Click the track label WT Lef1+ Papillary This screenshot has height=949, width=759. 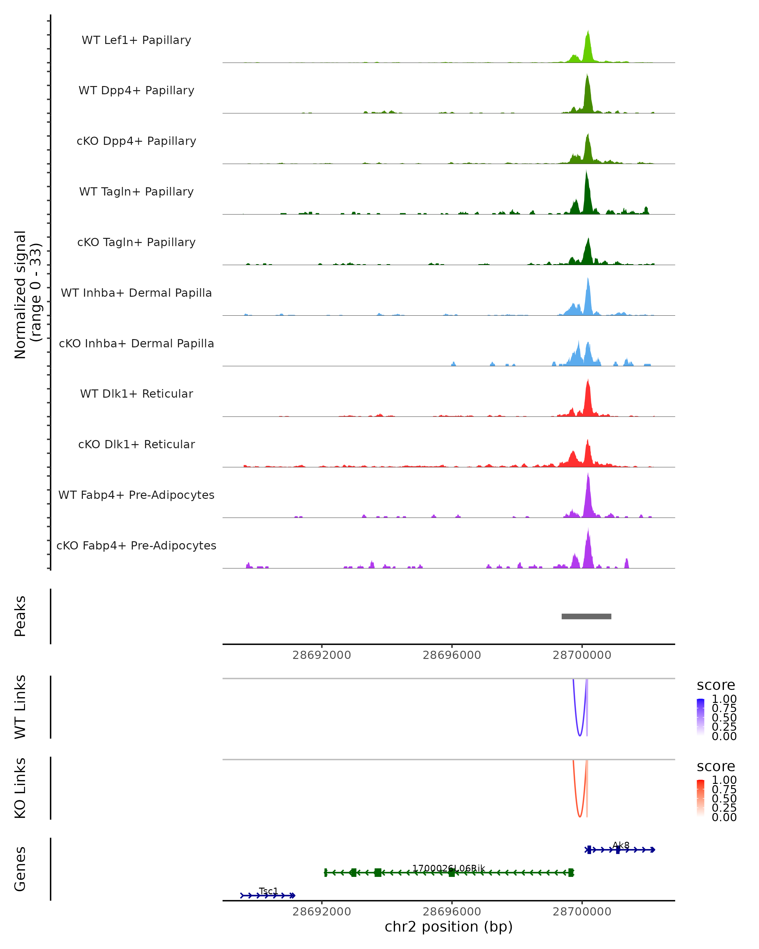coord(136,40)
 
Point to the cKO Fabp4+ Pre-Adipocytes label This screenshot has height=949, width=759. coord(136,545)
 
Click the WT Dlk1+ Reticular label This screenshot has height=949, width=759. coord(136,394)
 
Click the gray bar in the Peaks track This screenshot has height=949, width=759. coord(586,616)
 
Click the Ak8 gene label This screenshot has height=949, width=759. coord(621,846)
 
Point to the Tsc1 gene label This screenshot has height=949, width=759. coord(268,891)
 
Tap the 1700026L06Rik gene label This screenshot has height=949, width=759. coord(448,868)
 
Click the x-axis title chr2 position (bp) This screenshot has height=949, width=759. coord(448,927)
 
